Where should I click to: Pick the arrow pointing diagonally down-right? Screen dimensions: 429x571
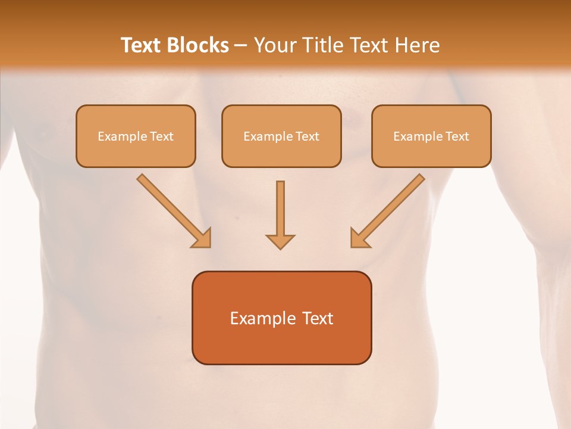tap(172, 210)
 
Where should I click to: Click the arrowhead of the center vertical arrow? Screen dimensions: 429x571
tap(280, 241)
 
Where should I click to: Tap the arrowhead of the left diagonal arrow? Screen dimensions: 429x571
tap(202, 238)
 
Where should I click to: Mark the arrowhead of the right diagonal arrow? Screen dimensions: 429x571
tap(359, 238)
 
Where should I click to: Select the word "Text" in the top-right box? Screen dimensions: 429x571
tap(457, 136)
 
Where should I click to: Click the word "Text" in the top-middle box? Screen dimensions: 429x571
tap(307, 136)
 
